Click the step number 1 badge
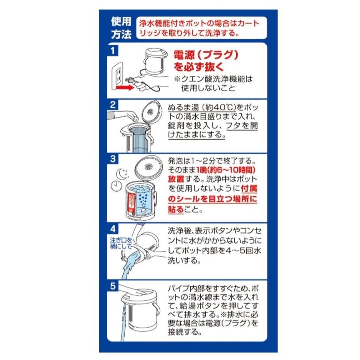[x=112, y=50]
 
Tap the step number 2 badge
[x=112, y=105]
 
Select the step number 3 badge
[x=112, y=159]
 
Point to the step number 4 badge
[x=112, y=228]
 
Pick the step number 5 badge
[x=112, y=286]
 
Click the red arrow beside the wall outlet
[x=125, y=87]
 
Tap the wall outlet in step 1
[x=117, y=76]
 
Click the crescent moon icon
[x=121, y=174]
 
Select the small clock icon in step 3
[x=117, y=186]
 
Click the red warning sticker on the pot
[x=132, y=203]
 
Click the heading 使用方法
[x=121, y=28]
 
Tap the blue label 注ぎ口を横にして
[x=121, y=243]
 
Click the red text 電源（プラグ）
[x=206, y=55]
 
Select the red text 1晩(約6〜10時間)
[x=226, y=170]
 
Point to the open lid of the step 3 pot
[x=148, y=166]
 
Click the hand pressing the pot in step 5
[x=136, y=291]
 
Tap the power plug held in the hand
[x=129, y=81]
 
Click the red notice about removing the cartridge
[x=199, y=28]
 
